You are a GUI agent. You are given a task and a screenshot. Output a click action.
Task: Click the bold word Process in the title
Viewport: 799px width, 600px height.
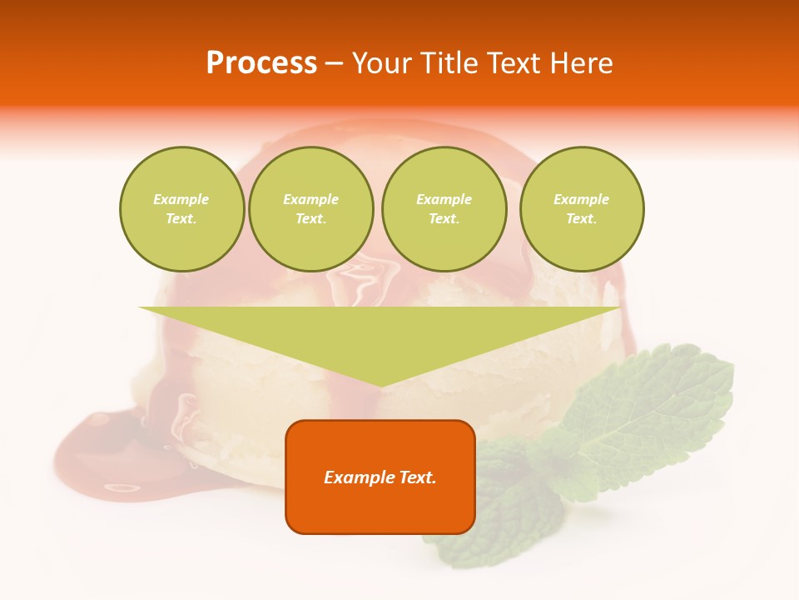(x=261, y=63)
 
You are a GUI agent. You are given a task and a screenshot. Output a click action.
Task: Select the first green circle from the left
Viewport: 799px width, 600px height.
(x=182, y=209)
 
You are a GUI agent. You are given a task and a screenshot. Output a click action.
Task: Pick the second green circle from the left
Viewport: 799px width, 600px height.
(x=311, y=209)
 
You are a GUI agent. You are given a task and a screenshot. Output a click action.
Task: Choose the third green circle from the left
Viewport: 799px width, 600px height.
(x=444, y=209)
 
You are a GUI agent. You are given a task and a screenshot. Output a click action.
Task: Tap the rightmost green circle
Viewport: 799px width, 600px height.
(x=582, y=209)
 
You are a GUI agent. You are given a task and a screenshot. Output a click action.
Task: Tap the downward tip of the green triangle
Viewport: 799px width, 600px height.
(x=381, y=384)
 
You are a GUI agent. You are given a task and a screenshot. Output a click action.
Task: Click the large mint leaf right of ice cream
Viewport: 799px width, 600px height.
(x=658, y=408)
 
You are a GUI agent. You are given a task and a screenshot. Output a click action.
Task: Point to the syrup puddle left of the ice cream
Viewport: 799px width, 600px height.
(x=100, y=454)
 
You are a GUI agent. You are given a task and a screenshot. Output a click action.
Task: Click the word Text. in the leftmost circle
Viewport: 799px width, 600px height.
(x=181, y=219)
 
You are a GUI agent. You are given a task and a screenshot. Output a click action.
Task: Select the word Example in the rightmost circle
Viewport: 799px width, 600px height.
(x=581, y=199)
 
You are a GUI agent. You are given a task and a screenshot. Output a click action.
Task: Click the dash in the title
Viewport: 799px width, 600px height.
(x=335, y=64)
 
